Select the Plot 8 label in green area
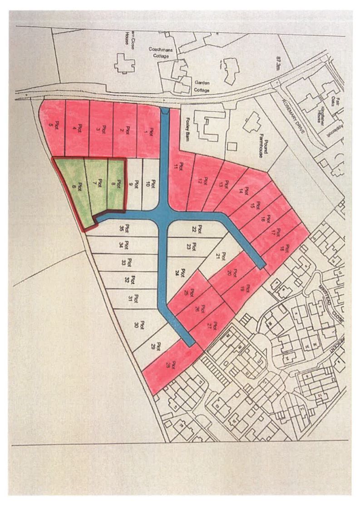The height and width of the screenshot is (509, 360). [118, 184]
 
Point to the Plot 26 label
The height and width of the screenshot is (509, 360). [201, 309]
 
